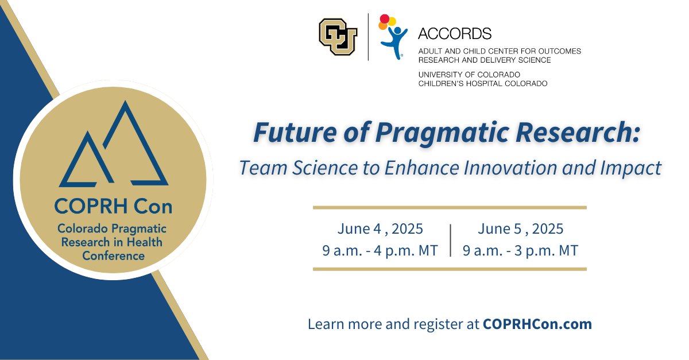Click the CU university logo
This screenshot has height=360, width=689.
338,37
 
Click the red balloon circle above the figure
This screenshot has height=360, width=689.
384,18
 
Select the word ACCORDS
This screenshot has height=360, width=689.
455,33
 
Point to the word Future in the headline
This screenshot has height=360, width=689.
295,132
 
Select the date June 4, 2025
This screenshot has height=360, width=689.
380,229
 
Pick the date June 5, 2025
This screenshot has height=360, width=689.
520,229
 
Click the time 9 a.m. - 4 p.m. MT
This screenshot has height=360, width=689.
380,250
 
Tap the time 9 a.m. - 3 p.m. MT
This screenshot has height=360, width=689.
520,250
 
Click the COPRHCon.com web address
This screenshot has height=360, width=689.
537,324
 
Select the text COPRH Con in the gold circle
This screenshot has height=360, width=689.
113,206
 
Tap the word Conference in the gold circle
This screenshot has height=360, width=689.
113,256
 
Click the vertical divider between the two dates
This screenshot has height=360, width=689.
451,241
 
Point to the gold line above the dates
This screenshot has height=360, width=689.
450,208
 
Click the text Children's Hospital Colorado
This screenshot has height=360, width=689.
483,83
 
